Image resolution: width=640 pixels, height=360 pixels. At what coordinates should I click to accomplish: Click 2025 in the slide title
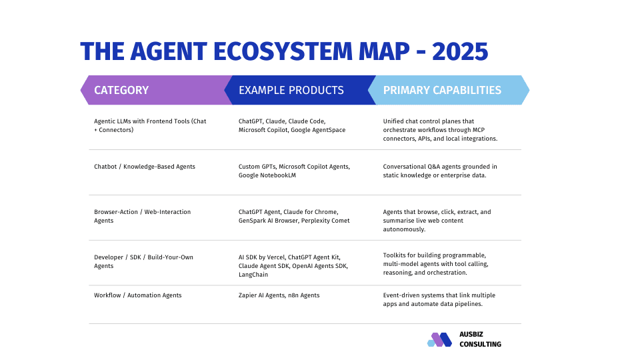[x=459, y=51]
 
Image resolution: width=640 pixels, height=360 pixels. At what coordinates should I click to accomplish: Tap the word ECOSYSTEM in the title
[x=283, y=51]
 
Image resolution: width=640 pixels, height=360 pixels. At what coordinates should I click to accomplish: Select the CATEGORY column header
[x=121, y=90]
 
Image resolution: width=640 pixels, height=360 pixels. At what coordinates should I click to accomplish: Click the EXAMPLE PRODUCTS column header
[x=291, y=90]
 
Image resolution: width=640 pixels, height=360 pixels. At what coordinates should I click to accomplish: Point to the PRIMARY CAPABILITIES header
[x=442, y=90]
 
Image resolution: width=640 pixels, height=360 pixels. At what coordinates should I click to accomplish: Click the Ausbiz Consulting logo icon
[x=439, y=339]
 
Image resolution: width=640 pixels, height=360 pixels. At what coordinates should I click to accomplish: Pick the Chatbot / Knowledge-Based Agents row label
[x=145, y=167]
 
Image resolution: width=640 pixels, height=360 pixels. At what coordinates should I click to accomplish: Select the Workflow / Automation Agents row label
[x=137, y=295]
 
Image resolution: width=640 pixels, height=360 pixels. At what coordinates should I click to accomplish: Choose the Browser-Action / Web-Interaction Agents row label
[x=142, y=216]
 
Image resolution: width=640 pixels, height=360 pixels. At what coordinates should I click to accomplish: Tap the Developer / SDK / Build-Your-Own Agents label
[x=143, y=261]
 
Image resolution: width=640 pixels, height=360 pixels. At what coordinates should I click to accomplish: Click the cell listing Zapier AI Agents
[x=279, y=295]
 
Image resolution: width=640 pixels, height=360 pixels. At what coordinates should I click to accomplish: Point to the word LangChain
[x=253, y=275]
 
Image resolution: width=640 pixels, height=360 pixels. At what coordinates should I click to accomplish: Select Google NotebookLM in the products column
[x=267, y=175]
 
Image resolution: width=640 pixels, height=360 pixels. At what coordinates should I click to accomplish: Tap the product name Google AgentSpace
[x=318, y=130]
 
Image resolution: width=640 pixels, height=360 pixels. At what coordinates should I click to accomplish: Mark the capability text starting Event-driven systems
[x=439, y=299]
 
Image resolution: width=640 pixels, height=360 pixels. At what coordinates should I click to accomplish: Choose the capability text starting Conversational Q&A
[x=439, y=171]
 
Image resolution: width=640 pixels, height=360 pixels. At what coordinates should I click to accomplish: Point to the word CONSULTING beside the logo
[x=480, y=345]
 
